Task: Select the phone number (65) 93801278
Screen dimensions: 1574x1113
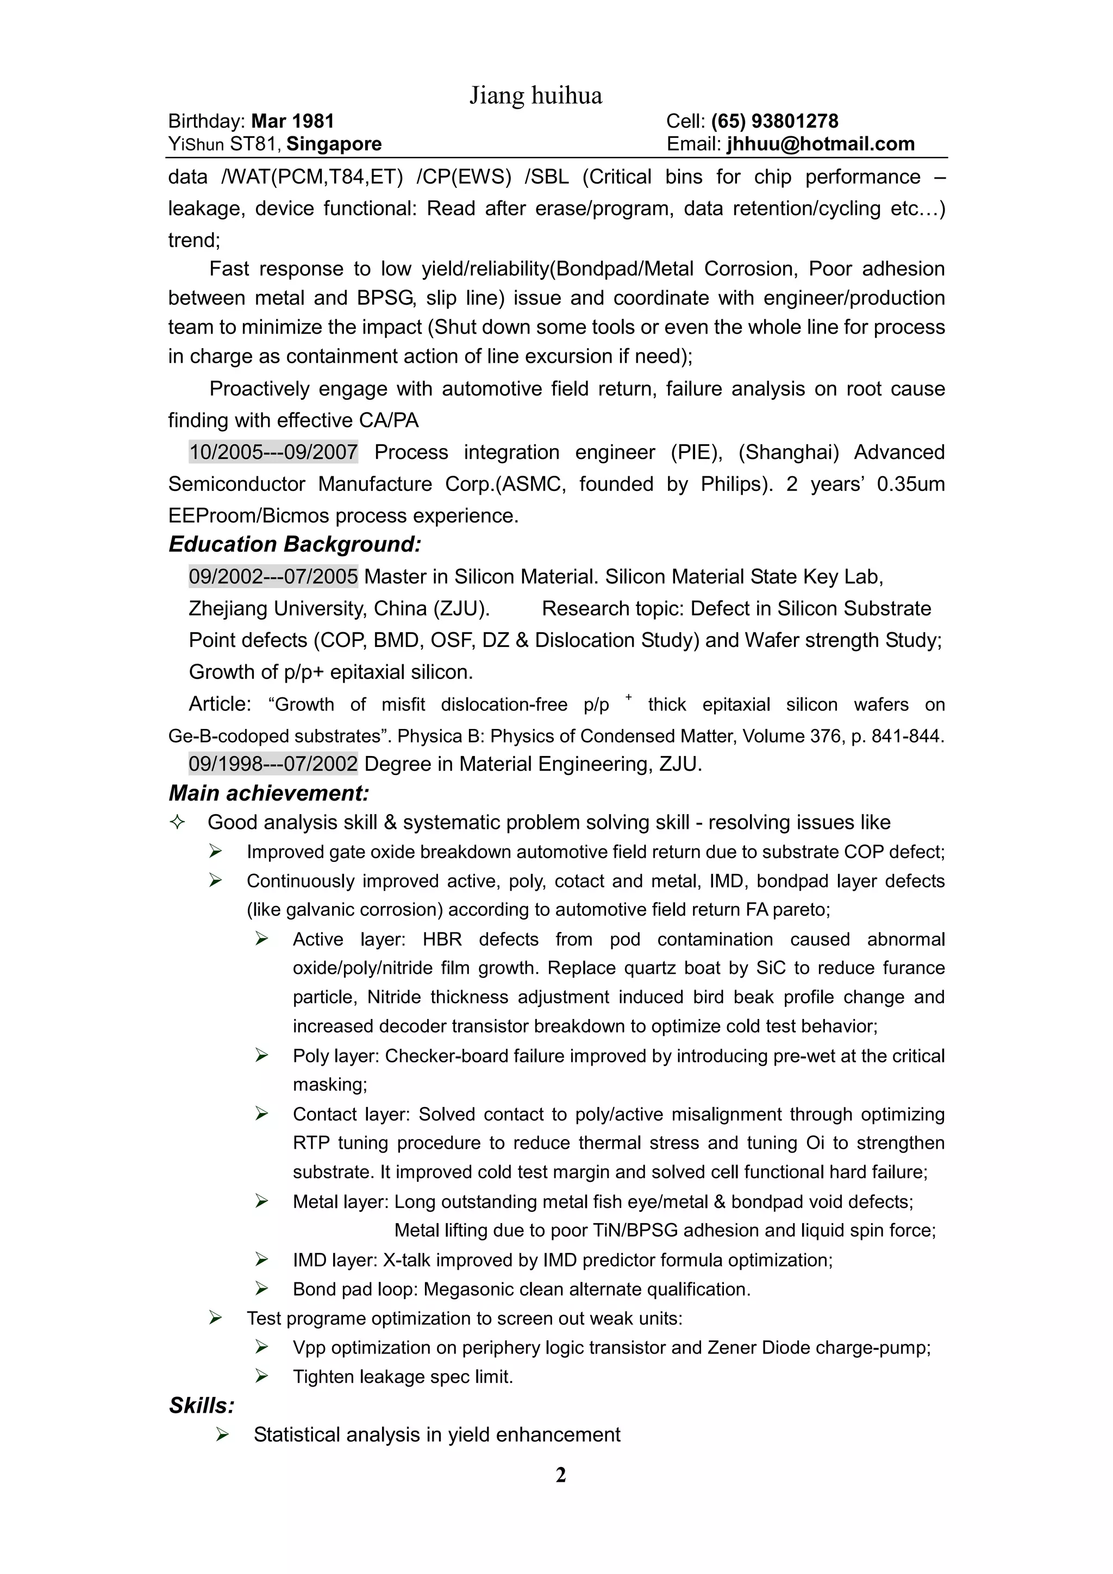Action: tap(774, 121)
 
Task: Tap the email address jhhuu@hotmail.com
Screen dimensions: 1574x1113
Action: tap(821, 144)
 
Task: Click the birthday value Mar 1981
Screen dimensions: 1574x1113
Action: tap(293, 121)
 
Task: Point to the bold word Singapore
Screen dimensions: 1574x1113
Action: tap(334, 144)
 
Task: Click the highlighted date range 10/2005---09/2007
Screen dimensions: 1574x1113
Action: tap(273, 452)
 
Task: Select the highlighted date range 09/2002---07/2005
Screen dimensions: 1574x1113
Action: tap(273, 577)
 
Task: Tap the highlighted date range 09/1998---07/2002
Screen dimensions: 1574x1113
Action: tap(273, 764)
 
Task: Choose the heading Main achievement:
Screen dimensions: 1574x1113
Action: tap(269, 793)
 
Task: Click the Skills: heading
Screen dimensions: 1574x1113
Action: tap(202, 1406)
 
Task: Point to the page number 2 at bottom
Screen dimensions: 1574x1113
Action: tap(560, 1475)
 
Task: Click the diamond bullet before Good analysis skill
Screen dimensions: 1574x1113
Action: tap(177, 822)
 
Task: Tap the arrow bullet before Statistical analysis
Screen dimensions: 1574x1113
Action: tap(222, 1434)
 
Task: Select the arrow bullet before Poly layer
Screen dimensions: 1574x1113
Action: tap(261, 1055)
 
